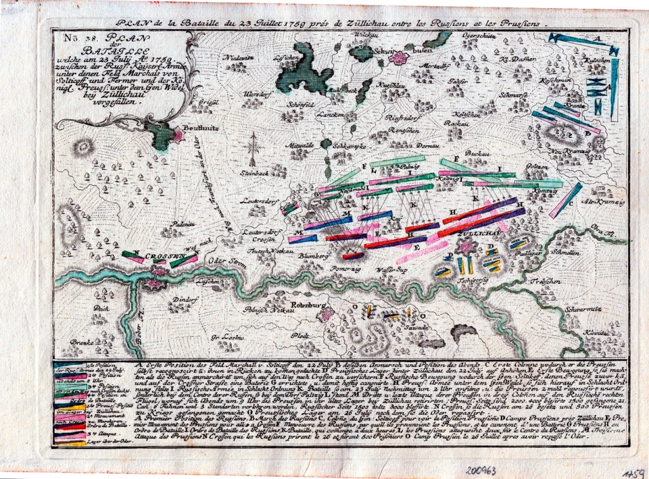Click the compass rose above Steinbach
point(254,146)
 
